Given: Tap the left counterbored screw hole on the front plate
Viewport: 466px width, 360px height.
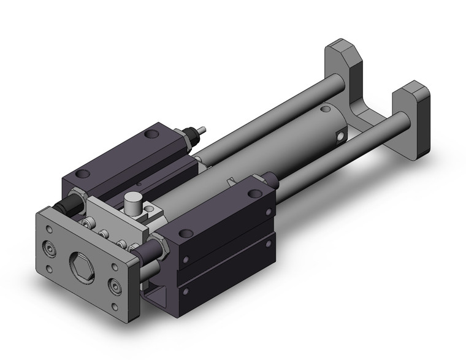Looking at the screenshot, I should tap(48, 248).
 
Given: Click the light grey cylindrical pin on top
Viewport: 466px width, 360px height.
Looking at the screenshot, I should tap(131, 203).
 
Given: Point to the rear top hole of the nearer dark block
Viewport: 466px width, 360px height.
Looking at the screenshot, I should tap(251, 194).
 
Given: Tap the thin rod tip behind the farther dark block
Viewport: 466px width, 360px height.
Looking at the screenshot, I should tap(202, 129).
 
